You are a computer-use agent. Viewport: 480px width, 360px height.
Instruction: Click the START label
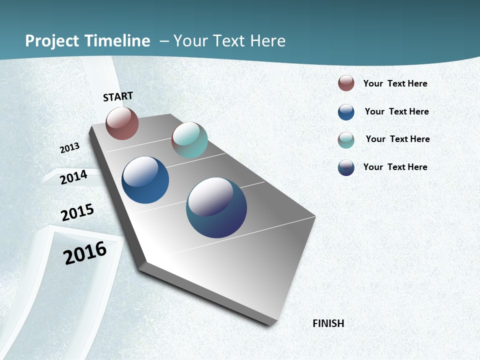(x=118, y=96)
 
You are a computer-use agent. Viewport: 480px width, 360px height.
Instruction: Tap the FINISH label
(x=328, y=323)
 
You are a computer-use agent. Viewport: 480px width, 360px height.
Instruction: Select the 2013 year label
(x=69, y=148)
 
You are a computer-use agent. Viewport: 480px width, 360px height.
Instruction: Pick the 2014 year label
(x=73, y=177)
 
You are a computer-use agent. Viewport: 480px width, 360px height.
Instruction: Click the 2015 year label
(x=77, y=212)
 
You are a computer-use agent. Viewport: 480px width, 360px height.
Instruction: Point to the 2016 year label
(x=85, y=253)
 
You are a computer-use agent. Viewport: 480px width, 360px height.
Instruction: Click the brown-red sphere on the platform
(x=122, y=123)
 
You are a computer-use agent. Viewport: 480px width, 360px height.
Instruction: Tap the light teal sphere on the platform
(x=189, y=140)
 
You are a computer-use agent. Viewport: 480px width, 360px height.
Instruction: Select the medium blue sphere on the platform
(x=145, y=180)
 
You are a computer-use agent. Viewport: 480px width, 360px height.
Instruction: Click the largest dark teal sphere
(x=216, y=207)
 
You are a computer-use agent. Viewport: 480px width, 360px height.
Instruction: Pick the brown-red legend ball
(x=346, y=83)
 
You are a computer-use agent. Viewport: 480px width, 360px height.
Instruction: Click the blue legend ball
(x=346, y=112)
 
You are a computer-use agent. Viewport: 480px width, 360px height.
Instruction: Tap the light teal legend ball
(x=346, y=140)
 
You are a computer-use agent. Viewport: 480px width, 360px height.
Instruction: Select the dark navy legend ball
(x=346, y=167)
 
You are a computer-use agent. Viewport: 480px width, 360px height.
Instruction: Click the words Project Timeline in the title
(x=87, y=41)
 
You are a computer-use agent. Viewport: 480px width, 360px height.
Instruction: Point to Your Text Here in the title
(x=229, y=41)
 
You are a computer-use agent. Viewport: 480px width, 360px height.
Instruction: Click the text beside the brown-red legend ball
(x=395, y=83)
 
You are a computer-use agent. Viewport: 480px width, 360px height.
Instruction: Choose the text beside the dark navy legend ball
(x=395, y=167)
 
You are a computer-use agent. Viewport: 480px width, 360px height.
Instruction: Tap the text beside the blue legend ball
(x=396, y=111)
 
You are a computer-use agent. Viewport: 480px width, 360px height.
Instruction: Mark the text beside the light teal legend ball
(x=397, y=139)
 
